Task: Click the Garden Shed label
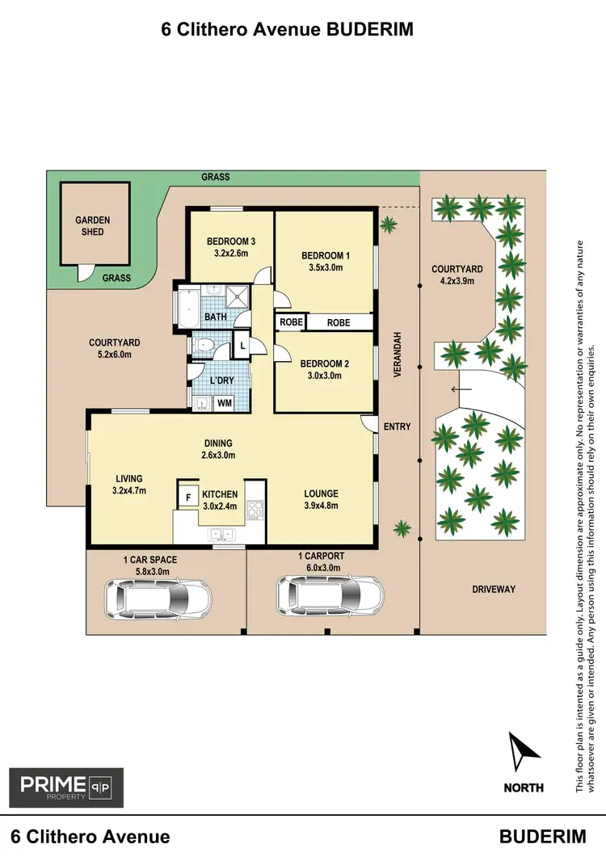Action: tap(93, 225)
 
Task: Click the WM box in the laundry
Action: tap(224, 401)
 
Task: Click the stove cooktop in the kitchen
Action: tap(256, 509)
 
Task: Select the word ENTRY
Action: tap(398, 426)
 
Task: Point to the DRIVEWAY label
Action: tap(493, 590)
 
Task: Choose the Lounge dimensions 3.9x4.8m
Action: tap(321, 506)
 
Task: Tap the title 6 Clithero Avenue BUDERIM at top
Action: tap(288, 30)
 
